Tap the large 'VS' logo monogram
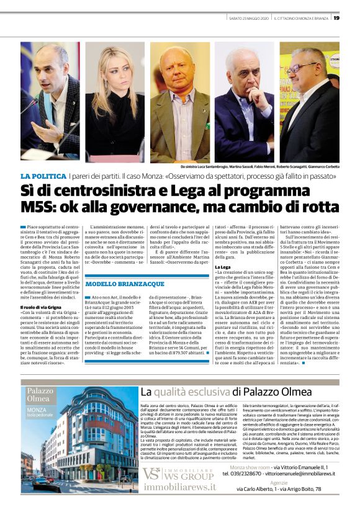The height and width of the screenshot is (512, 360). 151,474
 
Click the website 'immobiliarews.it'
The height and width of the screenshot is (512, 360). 179,487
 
